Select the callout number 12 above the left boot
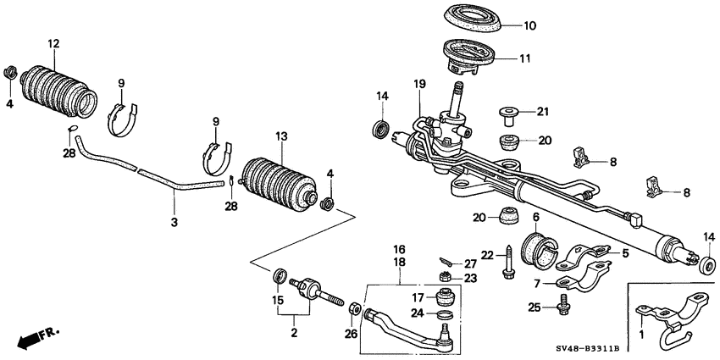click(53, 43)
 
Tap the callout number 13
click(281, 136)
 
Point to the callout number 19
click(418, 84)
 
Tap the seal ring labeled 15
click(278, 276)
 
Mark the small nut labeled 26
click(357, 308)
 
